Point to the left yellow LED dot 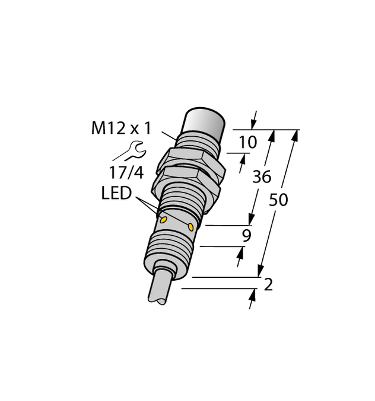click(x=163, y=219)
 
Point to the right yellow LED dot click(x=190, y=227)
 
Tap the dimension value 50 click(x=278, y=200)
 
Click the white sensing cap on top click(x=204, y=123)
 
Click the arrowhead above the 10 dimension click(x=255, y=120)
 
